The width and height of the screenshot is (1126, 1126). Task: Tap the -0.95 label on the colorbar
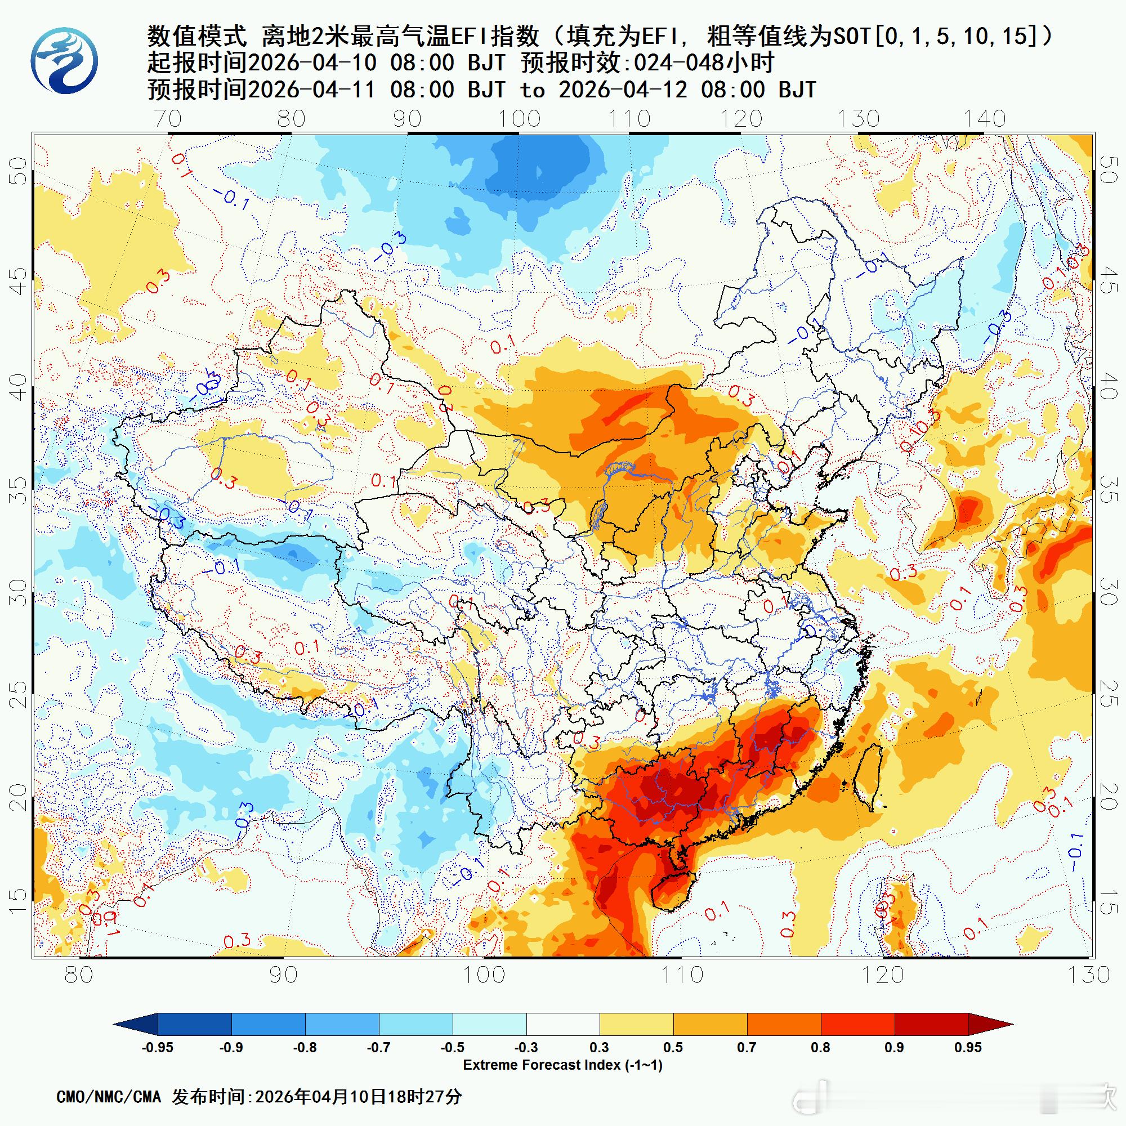158,1047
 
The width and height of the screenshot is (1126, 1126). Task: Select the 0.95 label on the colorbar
968,1047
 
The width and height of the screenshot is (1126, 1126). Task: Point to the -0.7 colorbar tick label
379,1047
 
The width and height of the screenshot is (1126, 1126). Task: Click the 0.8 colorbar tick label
821,1047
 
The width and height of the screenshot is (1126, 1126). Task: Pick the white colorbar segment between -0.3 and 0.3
563,1024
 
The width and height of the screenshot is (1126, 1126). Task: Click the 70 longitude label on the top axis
168,119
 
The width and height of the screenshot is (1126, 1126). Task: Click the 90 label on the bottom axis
283,975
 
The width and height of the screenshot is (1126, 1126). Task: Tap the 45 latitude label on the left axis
20,280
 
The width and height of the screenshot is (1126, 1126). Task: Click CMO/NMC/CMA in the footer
109,1097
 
